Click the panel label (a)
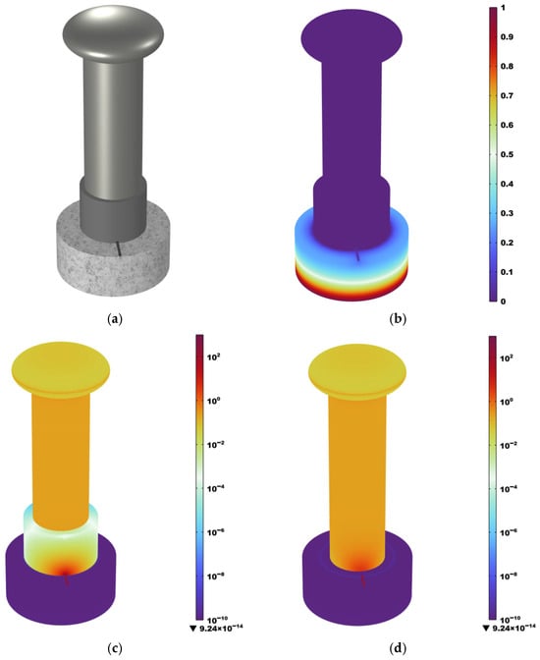coord(115,319)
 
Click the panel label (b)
coord(398,319)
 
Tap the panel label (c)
coord(115,648)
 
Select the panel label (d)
coord(398,648)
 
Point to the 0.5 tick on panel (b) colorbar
coord(507,154)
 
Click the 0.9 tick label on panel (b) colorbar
coord(507,37)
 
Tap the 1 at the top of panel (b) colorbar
coord(503,8)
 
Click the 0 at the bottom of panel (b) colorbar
coord(503,302)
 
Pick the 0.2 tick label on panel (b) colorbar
coord(507,243)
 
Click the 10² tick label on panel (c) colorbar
coord(214,357)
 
